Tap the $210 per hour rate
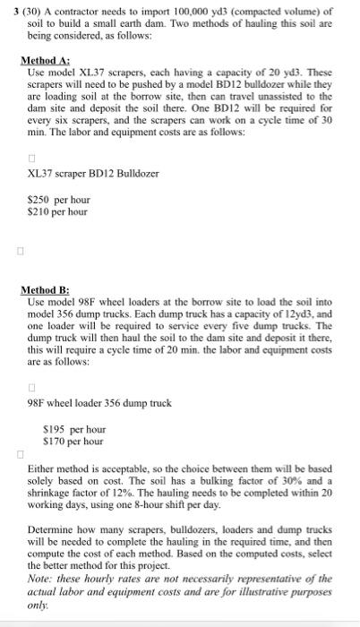click(58, 211)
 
